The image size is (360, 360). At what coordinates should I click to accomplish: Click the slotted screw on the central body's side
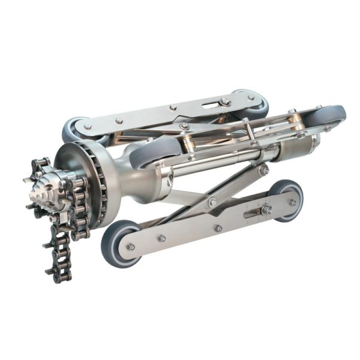171,178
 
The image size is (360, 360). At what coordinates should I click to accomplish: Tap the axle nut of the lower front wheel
130,246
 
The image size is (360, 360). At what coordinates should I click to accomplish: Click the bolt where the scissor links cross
212,202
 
